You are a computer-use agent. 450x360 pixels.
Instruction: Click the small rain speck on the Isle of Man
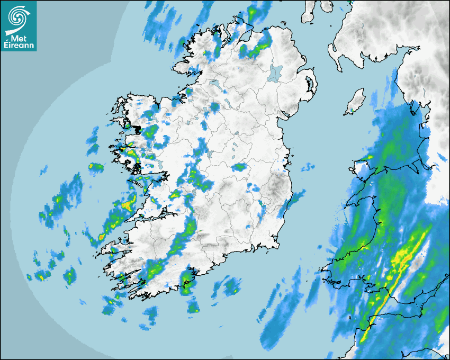tap(352, 111)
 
